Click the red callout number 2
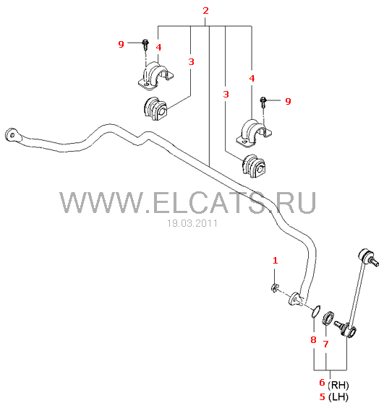coord(205,11)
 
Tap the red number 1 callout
coord(276,260)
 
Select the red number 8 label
coord(313,339)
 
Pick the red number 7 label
coord(325,344)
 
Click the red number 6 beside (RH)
coord(323,382)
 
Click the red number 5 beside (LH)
coord(323,396)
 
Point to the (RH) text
coord(338,385)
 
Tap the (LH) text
coord(338,397)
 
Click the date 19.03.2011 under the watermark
coord(192,223)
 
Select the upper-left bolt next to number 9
coord(145,44)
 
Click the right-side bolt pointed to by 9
coord(263,102)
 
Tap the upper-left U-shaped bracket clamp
coord(155,76)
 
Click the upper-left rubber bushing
coord(155,108)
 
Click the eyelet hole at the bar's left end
coord(12,135)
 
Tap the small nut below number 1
coord(274,288)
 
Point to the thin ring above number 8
coord(316,311)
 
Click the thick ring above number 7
coord(328,318)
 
